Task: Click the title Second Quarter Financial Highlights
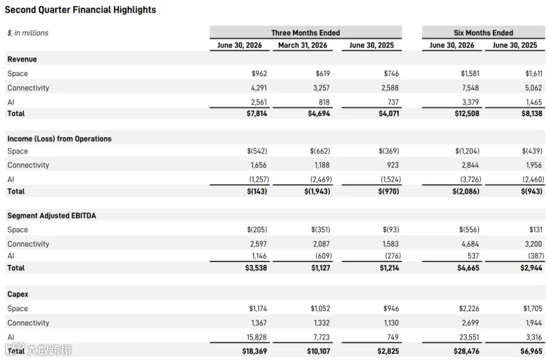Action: (80, 10)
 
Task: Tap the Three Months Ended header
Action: (306, 33)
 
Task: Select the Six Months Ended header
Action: (483, 33)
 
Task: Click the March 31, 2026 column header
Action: (303, 45)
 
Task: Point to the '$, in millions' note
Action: (28, 33)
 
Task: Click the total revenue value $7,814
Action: (256, 113)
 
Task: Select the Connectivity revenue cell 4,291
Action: (259, 88)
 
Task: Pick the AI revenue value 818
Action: (324, 102)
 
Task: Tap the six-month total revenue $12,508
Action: (467, 113)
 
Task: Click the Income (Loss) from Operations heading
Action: (60, 139)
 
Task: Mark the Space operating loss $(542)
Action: (257, 151)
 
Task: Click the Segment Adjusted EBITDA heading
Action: (51, 216)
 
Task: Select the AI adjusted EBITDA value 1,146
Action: (259, 256)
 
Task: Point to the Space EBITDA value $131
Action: (536, 230)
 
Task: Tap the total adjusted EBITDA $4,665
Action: (468, 268)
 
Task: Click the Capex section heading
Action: (18, 294)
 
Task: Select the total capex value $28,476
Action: (466, 351)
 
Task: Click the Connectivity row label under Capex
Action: (28, 323)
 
